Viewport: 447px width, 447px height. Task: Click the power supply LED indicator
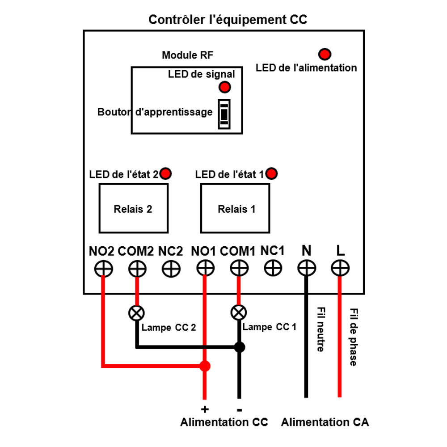(x=325, y=55)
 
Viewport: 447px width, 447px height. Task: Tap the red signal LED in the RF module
(x=224, y=87)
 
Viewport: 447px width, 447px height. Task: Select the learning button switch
(x=224, y=114)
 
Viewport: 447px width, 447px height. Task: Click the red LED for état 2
(x=166, y=173)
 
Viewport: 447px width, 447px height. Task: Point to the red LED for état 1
(x=271, y=173)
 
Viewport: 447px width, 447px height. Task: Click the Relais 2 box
(x=133, y=208)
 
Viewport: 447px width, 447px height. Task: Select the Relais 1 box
(x=235, y=208)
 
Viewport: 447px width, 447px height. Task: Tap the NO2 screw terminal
(x=104, y=269)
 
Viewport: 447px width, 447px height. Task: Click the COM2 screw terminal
(x=137, y=269)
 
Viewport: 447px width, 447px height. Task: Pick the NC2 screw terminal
(x=171, y=269)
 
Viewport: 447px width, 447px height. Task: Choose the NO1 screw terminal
(x=205, y=269)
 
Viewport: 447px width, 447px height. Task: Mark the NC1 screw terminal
(x=273, y=268)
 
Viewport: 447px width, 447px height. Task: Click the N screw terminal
(x=307, y=269)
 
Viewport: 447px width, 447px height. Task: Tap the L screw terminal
(x=340, y=269)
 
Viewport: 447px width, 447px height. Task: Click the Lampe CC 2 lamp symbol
(x=136, y=313)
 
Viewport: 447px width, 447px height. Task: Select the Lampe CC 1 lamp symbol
(x=239, y=312)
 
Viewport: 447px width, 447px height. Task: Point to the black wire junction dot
(x=240, y=347)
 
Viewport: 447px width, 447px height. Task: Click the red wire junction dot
(x=205, y=367)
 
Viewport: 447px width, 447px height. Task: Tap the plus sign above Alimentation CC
(x=205, y=409)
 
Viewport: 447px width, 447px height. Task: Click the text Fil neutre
(x=320, y=329)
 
